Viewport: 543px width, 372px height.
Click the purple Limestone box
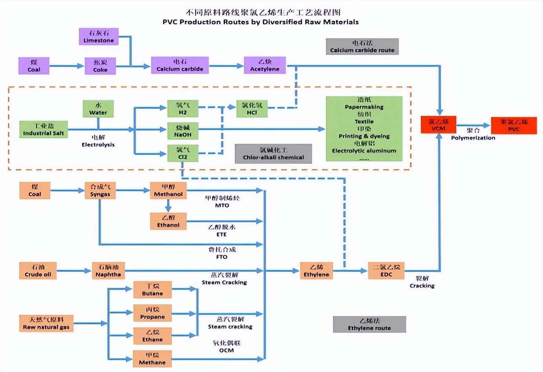tap(98, 36)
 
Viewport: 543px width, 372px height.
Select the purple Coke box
tap(100, 66)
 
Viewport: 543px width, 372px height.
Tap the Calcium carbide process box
tap(180, 65)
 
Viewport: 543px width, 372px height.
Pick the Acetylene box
tap(265, 65)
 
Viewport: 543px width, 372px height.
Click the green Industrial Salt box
tap(44, 129)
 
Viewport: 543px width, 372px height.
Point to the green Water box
tap(98, 109)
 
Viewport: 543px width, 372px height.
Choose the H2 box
tap(182, 109)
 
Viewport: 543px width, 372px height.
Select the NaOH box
tap(182, 131)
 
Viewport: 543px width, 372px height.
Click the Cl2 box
tap(182, 153)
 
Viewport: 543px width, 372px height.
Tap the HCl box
tap(252, 109)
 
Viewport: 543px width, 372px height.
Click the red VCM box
tap(438, 125)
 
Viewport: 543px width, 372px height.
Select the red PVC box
tap(514, 126)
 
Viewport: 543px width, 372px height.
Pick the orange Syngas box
tap(100, 190)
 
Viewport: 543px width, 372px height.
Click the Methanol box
tap(168, 190)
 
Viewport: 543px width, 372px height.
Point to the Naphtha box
tap(108, 271)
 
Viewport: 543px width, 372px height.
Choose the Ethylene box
tap(316, 271)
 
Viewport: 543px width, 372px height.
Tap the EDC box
tap(386, 271)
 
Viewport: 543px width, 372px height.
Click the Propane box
tap(153, 313)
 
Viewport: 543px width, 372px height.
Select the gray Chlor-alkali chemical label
tap(273, 153)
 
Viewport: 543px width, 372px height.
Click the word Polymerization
tap(473, 138)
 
